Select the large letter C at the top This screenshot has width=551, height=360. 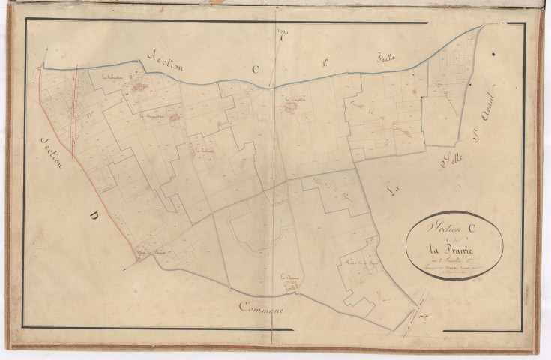(x=255, y=70)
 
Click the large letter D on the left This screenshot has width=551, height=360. (x=94, y=217)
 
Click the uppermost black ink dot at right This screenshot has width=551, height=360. (x=493, y=54)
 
